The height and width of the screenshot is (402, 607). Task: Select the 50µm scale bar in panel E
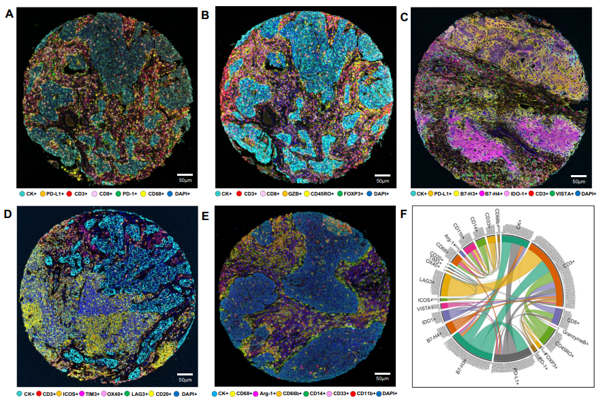pyautogui.click(x=384, y=373)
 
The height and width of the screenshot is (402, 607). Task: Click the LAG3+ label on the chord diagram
pyautogui.click(x=428, y=279)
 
